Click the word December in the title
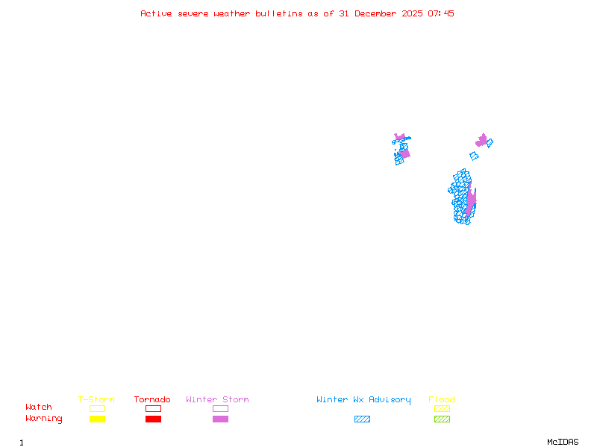coord(378,13)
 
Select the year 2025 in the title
coord(413,13)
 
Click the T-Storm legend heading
coord(96,400)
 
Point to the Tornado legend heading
coord(152,400)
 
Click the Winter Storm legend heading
coord(217,400)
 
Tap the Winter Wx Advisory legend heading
coord(363,400)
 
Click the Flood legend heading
coord(442,400)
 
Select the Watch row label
coord(39,408)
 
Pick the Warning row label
coord(44,419)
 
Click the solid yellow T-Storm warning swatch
coord(97,419)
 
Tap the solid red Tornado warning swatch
coord(153,419)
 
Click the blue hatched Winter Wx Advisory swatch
coord(362,419)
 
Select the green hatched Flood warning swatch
coord(442,419)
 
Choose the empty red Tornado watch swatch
coord(153,408)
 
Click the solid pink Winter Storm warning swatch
coord(220,419)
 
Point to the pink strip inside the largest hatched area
coord(471,201)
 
